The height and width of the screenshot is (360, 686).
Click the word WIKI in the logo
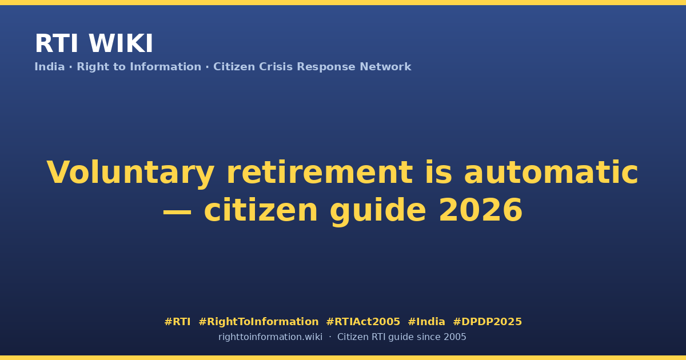[x=121, y=43]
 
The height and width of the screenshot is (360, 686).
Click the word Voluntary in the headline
[x=130, y=173]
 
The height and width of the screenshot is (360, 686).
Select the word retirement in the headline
[x=320, y=172]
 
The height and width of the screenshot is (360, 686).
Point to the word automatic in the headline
[x=551, y=172]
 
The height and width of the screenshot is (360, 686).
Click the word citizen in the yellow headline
[x=261, y=210]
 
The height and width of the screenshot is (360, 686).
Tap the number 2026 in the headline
[x=481, y=210]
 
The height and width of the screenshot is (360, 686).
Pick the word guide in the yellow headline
[x=378, y=211]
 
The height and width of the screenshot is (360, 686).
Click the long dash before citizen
[x=177, y=211]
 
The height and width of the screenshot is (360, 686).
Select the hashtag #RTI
[x=177, y=322]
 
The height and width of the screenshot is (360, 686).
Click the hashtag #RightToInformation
[x=258, y=322]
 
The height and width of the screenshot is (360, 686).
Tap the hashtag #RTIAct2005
[x=363, y=322]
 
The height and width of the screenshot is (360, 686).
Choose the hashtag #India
[x=426, y=322]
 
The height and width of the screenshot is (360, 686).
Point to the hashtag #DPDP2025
[x=487, y=322]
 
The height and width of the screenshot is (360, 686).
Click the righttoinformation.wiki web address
[x=270, y=337]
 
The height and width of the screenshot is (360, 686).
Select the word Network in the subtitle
[x=385, y=67]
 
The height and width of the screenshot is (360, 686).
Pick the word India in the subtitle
[x=50, y=67]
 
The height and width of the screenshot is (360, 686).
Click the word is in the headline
[x=438, y=172]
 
